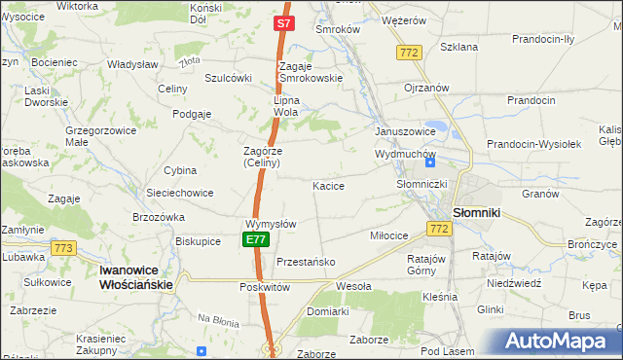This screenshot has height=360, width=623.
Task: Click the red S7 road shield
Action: (283, 22)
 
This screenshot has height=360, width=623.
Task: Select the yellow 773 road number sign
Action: (64, 248)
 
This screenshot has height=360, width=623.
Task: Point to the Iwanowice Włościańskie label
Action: (136, 277)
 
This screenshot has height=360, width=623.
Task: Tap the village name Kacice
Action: (328, 185)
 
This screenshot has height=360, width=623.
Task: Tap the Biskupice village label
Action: (198, 240)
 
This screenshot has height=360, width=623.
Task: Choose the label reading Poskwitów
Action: (265, 288)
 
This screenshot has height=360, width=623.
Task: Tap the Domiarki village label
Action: (327, 311)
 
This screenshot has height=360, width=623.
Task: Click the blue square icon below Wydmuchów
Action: (429, 162)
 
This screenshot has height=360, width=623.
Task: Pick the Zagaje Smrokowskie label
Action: (308, 71)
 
